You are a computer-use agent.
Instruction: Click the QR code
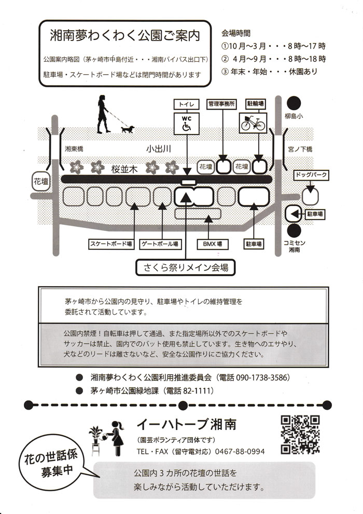(300, 435)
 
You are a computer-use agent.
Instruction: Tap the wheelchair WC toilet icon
(186, 123)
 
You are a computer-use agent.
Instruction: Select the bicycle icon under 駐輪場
(253, 123)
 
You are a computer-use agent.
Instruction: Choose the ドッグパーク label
(311, 175)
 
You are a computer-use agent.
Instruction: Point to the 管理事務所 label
(221, 103)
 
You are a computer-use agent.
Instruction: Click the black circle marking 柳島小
(295, 103)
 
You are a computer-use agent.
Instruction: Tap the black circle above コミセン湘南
(295, 230)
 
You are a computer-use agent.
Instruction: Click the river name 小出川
(159, 149)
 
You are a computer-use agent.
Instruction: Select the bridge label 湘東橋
(73, 149)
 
